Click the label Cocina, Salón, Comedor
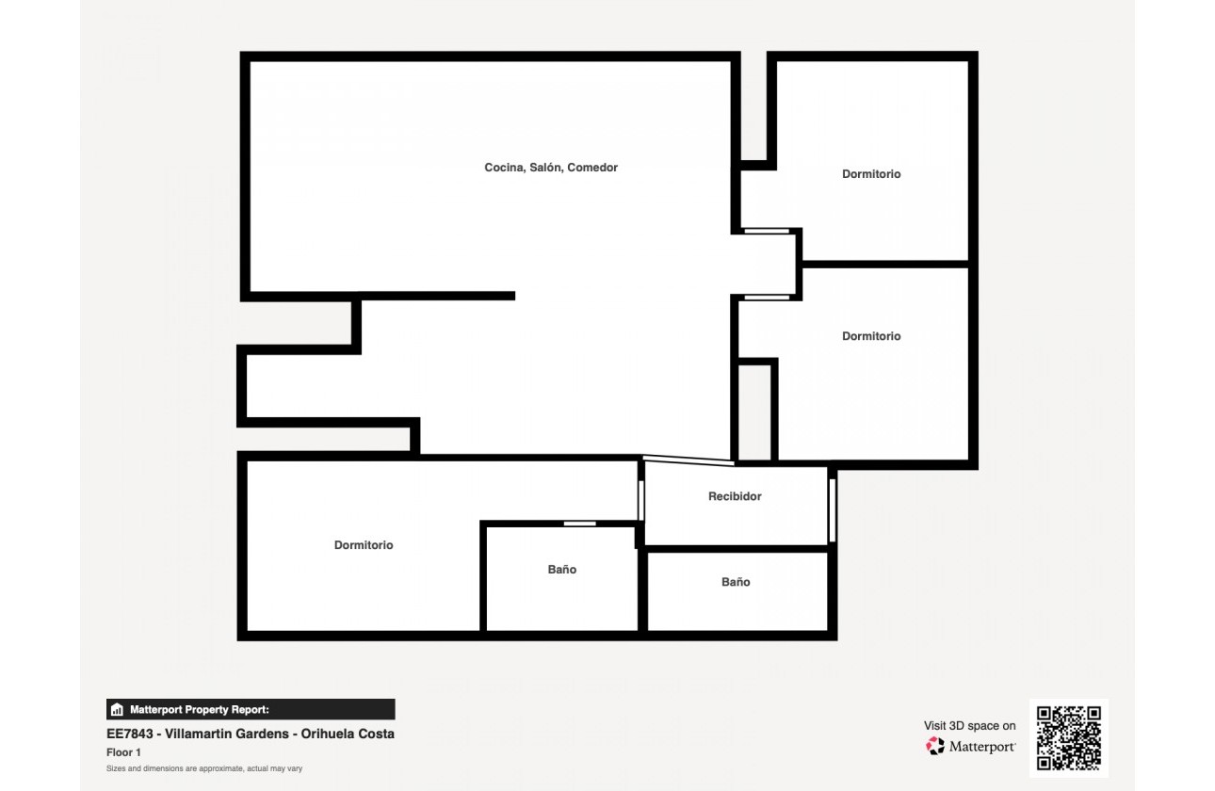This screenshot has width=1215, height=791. click(x=551, y=168)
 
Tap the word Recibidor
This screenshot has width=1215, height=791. click(x=735, y=496)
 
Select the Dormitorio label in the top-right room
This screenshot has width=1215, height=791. click(x=871, y=174)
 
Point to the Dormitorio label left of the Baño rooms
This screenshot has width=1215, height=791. click(x=364, y=545)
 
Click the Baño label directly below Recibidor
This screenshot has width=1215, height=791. click(x=736, y=582)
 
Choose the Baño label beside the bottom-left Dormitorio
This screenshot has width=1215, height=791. click(x=562, y=570)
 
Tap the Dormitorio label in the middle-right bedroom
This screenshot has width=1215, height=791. click(x=871, y=336)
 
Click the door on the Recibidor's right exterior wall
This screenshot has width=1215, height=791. click(x=832, y=510)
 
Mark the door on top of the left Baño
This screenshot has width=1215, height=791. click(x=580, y=524)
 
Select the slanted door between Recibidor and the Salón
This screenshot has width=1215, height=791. click(x=688, y=460)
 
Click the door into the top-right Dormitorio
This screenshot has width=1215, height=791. click(x=766, y=231)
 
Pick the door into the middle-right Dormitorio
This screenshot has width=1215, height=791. click(x=766, y=298)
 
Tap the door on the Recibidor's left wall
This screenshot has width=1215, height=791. click(x=641, y=500)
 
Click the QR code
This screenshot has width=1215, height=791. click(x=1069, y=738)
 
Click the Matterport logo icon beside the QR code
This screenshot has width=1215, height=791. click(x=934, y=747)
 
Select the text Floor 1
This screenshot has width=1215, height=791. click(x=123, y=752)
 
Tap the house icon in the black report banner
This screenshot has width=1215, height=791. click(x=118, y=710)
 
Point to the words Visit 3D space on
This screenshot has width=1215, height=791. click(x=969, y=726)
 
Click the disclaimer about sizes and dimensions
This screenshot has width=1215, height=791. click(x=204, y=769)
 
